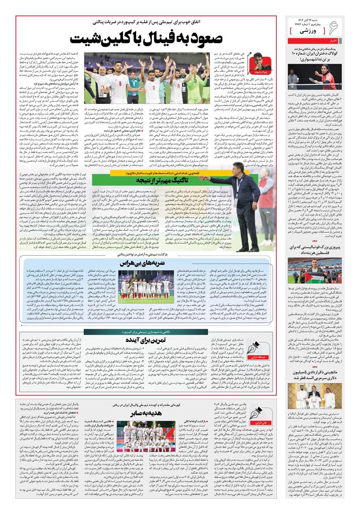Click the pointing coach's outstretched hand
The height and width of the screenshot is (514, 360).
click(203, 178)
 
